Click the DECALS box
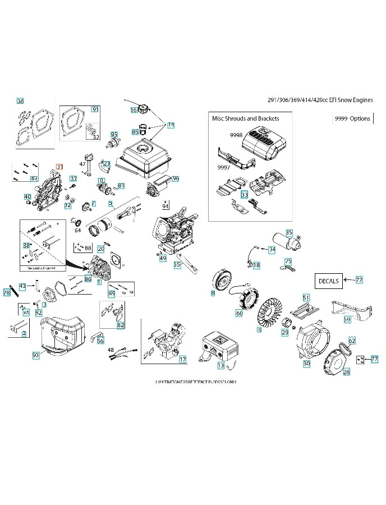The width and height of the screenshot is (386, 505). click(x=328, y=281)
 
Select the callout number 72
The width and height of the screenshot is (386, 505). click(x=359, y=279)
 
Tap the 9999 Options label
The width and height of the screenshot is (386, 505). click(x=352, y=118)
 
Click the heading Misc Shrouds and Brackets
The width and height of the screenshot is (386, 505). click(x=245, y=118)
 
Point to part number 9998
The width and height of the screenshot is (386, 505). click(x=236, y=135)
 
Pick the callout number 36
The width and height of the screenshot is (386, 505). click(x=20, y=101)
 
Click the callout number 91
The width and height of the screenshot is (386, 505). click(x=95, y=109)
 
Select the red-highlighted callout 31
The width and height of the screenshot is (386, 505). click(x=59, y=167)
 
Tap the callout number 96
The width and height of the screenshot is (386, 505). click(x=176, y=178)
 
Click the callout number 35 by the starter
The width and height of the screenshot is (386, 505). click(x=289, y=232)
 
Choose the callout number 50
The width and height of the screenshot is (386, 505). click(x=35, y=355)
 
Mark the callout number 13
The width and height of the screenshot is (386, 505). click(x=220, y=366)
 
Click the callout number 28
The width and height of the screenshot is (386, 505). click(x=346, y=372)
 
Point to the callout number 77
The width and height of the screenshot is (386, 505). click(x=374, y=358)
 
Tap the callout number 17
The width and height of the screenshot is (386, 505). click(x=182, y=359)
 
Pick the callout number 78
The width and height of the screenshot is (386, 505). click(x=7, y=292)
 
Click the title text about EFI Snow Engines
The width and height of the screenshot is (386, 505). click(x=321, y=100)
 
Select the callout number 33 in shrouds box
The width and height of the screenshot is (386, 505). click(x=244, y=195)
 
